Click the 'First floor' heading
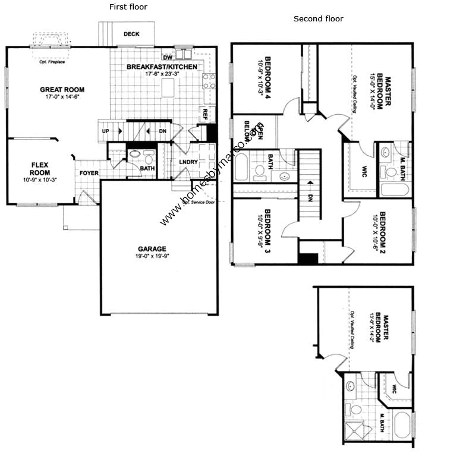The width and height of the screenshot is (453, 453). pyautogui.click(x=128, y=7)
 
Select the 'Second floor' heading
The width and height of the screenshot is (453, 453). pyautogui.click(x=318, y=19)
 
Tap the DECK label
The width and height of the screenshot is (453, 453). pyautogui.click(x=131, y=34)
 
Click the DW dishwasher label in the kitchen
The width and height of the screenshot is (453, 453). pyautogui.click(x=167, y=58)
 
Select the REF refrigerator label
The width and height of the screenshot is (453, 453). pyautogui.click(x=205, y=111)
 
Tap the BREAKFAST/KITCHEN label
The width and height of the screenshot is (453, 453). pyautogui.click(x=162, y=67)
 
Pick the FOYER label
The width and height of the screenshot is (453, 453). pyautogui.click(x=89, y=173)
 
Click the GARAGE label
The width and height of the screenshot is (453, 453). pyautogui.click(x=152, y=249)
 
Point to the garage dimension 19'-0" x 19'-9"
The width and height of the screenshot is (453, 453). pyautogui.click(x=152, y=257)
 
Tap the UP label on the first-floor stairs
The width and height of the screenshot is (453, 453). pyautogui.click(x=106, y=131)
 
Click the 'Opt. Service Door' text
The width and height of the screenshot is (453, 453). pyautogui.click(x=198, y=202)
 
